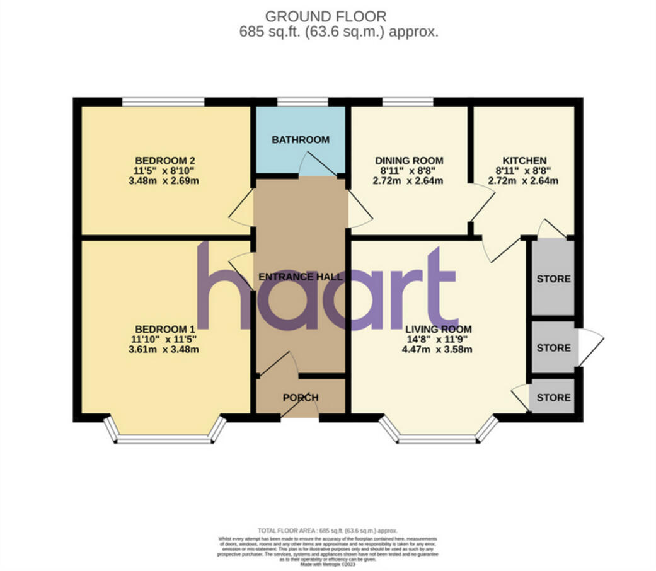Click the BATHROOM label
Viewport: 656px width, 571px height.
tap(301, 139)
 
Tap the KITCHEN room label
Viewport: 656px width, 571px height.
tap(524, 160)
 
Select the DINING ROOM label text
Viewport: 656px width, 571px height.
tap(409, 160)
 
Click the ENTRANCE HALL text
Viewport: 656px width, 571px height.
tap(301, 277)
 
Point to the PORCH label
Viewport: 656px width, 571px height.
tap(301, 398)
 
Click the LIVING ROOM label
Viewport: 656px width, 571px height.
tap(439, 329)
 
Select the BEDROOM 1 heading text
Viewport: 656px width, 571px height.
tap(165, 329)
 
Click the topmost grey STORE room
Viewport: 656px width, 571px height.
tap(553, 278)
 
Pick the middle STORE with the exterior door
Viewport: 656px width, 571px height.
tap(553, 347)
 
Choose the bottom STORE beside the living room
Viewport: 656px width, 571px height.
tap(553, 397)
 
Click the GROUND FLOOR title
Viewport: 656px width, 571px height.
tap(326, 16)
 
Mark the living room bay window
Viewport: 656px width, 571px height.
tap(438, 439)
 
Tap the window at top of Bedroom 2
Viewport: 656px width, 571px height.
tap(163, 101)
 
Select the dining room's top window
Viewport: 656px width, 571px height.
tap(407, 101)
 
